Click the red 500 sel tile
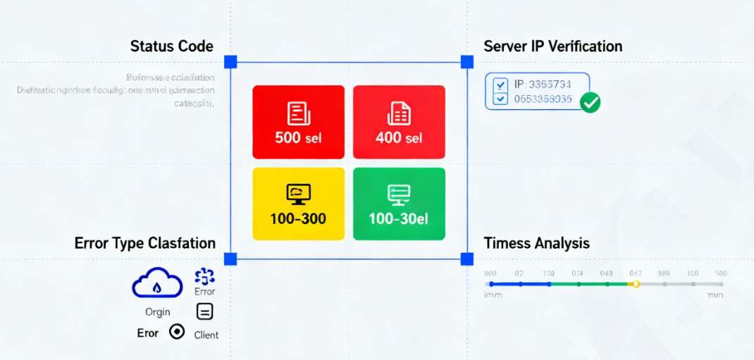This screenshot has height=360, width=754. (x=298, y=122)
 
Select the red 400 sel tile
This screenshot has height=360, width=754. (x=399, y=122)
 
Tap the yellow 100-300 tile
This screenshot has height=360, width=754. (x=298, y=204)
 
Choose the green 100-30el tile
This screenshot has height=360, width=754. (x=399, y=204)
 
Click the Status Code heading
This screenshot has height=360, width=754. (x=171, y=46)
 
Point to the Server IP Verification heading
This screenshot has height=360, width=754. (x=552, y=46)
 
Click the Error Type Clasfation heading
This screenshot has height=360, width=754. (x=144, y=244)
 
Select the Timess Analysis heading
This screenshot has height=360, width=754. (x=536, y=244)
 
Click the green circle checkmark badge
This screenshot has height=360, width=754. (x=590, y=103)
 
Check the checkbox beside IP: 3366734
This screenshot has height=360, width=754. (x=501, y=85)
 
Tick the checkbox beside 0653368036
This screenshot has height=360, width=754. (x=501, y=99)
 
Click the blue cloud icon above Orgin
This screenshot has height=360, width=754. (x=157, y=285)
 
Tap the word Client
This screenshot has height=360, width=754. (x=206, y=335)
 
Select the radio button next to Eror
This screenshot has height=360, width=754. (x=177, y=332)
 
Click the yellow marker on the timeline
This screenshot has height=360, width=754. (x=636, y=284)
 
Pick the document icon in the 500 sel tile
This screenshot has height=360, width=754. (x=298, y=113)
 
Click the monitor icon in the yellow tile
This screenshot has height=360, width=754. (x=298, y=194)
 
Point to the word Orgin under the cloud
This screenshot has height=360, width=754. (x=157, y=312)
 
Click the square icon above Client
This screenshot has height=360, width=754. (x=204, y=311)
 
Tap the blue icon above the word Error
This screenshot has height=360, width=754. (x=204, y=276)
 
